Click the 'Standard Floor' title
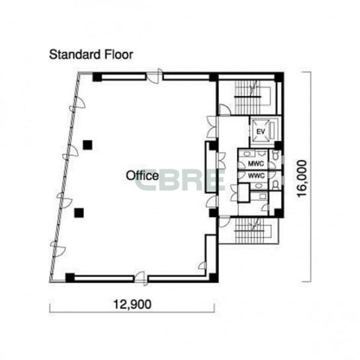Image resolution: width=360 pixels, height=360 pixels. click(91, 55)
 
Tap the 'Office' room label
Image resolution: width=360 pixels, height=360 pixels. click(142, 175)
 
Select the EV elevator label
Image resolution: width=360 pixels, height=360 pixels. click(261, 132)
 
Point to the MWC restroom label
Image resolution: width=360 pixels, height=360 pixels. click(256, 163)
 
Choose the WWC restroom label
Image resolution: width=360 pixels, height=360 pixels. click(257, 176)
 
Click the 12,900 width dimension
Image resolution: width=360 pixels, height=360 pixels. click(132, 304)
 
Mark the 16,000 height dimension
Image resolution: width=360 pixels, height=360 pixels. click(302, 178)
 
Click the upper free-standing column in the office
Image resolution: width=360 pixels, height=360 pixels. click(87, 145)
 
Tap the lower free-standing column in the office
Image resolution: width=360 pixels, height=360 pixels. click(79, 213)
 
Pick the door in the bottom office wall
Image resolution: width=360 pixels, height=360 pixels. click(140, 278)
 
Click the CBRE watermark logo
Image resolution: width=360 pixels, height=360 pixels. click(180, 180)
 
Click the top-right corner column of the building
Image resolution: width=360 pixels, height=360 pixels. click(279, 77)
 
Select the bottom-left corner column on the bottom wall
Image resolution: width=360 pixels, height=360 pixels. click(70, 277)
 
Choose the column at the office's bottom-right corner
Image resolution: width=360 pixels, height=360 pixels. click(214, 278)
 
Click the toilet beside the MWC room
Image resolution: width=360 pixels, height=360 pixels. click(275, 156)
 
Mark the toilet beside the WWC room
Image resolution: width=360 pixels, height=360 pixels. click(275, 185)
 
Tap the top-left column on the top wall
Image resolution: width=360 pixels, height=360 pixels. click(97, 77)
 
